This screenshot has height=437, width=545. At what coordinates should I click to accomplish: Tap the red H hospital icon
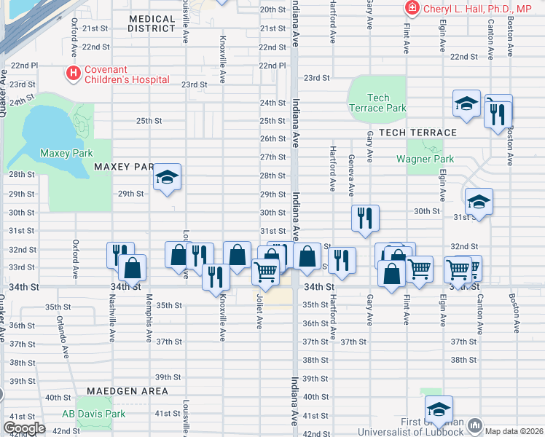[x=73, y=73]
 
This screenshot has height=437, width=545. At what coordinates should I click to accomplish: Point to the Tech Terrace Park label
[x=377, y=103]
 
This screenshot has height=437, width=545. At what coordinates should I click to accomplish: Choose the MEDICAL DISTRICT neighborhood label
[x=152, y=23]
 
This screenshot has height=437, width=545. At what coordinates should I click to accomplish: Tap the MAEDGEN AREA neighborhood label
[x=138, y=391]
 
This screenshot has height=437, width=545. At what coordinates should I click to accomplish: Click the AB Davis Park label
[x=93, y=414]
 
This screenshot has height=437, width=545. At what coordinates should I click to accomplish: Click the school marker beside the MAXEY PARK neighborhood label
[x=167, y=177]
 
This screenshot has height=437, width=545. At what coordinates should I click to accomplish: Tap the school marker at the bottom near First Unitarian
[x=439, y=409]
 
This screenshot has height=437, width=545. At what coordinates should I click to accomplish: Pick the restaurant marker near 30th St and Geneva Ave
[x=364, y=217]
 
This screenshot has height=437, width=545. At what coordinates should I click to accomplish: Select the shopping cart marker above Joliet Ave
[x=265, y=271]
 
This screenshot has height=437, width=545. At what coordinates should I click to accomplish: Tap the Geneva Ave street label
[x=352, y=176]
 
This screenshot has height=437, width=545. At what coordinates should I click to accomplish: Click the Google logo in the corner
[x=24, y=428]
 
